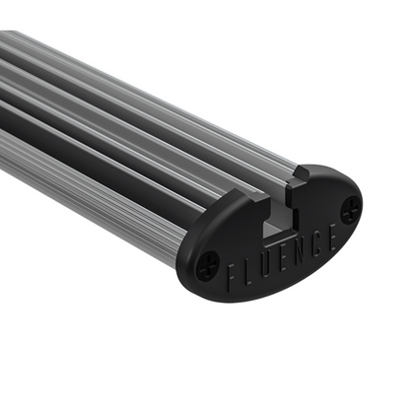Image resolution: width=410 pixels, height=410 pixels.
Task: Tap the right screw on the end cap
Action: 350,208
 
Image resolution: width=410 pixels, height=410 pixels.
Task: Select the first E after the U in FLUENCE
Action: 288,256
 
